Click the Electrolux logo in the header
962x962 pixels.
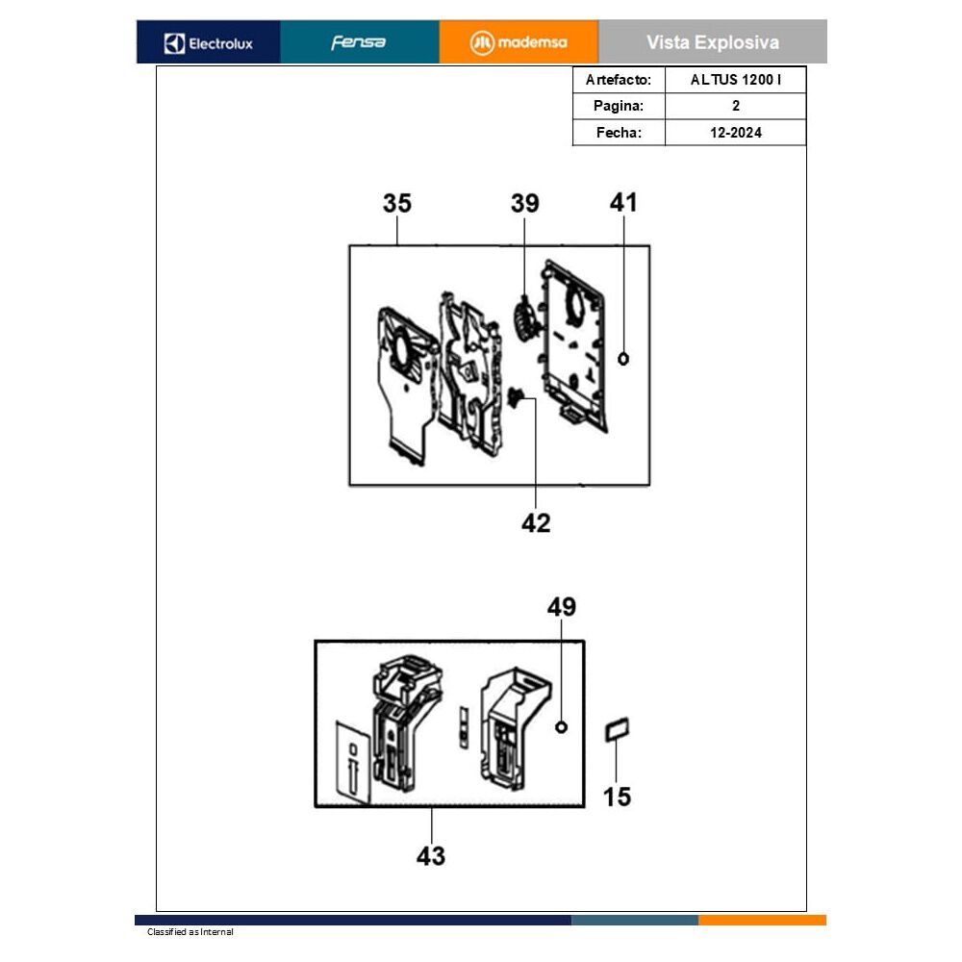tap(209, 43)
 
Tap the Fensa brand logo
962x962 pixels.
tap(358, 42)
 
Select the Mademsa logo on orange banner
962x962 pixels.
tap(519, 43)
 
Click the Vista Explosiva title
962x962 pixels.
tap(712, 42)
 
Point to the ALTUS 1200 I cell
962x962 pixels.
tap(736, 80)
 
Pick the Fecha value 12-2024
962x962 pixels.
tap(736, 133)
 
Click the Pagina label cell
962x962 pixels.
tap(619, 106)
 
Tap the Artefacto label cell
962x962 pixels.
tap(619, 80)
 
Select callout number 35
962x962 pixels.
tap(397, 203)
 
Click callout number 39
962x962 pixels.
tap(525, 203)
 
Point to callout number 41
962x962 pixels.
tap(623, 202)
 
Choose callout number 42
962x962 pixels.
tap(536, 523)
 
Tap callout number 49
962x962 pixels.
tap(562, 607)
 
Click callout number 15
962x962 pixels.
tap(617, 797)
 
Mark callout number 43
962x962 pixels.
tap(431, 856)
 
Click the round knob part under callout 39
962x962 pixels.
tap(524, 320)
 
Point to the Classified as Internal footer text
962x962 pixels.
tap(190, 932)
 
